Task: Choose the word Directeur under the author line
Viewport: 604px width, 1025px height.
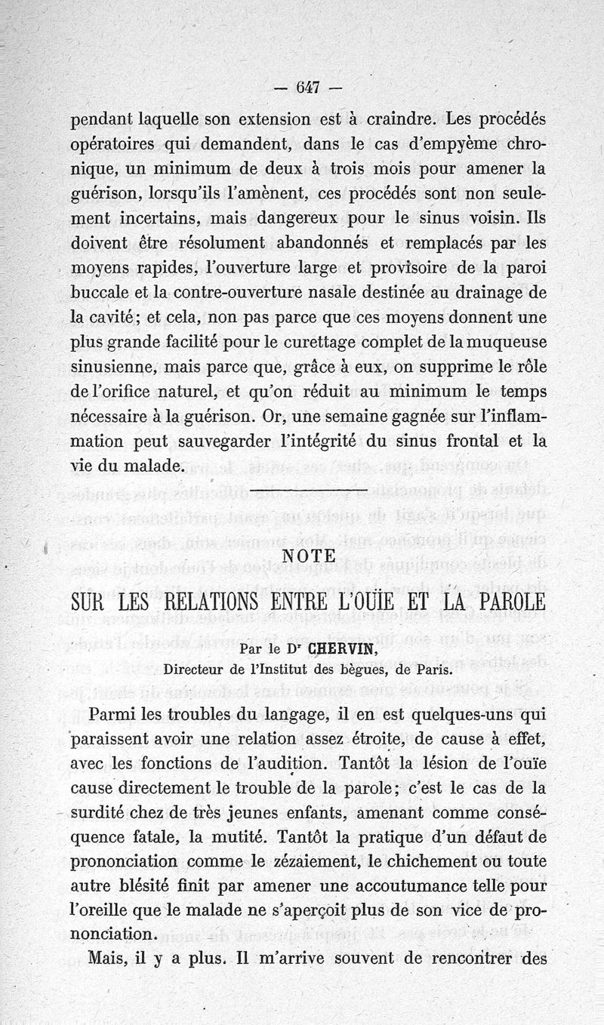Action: tap(198, 668)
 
